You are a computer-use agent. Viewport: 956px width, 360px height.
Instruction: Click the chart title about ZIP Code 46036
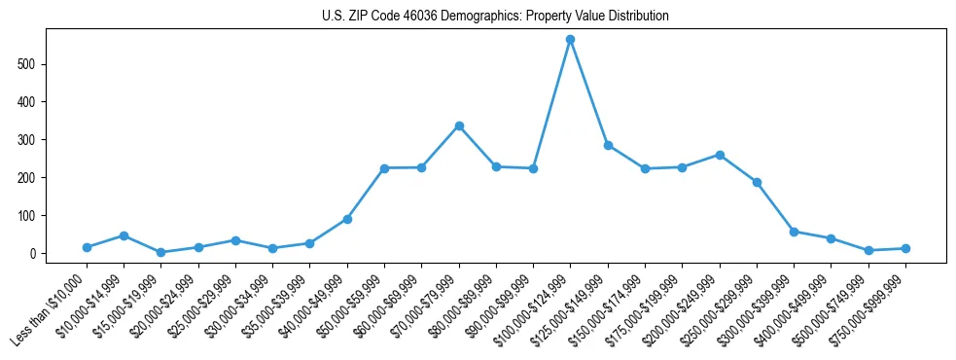495,17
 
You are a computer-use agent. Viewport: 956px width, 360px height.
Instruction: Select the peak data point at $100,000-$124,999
570,39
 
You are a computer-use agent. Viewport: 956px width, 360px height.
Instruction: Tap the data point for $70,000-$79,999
458,126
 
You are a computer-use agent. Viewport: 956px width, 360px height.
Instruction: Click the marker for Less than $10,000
87,247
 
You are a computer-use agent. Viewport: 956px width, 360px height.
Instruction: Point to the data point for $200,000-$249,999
720,155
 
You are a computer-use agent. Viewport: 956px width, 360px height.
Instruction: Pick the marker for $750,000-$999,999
905,248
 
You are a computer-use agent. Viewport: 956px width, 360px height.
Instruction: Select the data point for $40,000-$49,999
347,219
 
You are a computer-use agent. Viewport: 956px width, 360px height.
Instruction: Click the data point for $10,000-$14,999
124,235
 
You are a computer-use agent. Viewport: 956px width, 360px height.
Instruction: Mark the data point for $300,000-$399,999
794,232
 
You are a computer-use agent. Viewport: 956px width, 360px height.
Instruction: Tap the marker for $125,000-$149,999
608,145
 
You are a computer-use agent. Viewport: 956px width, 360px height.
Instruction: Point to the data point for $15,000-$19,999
160,252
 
